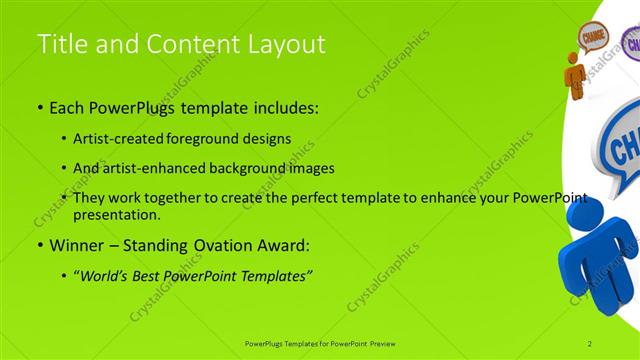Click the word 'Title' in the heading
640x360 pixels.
pos(59,44)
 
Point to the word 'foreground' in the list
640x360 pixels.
pos(212,139)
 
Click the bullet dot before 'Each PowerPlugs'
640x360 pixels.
pos(40,106)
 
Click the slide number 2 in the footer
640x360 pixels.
pos(590,343)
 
